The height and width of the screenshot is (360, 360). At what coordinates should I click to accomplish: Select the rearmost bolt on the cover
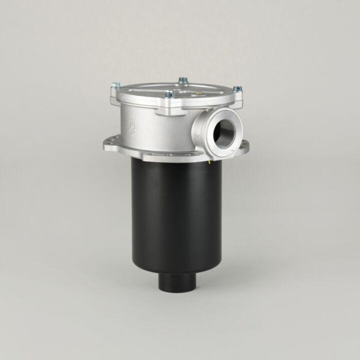click(x=183, y=80)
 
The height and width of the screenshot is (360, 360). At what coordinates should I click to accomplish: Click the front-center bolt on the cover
click(x=169, y=94)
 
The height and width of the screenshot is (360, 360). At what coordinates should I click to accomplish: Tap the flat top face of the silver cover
click(x=174, y=88)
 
